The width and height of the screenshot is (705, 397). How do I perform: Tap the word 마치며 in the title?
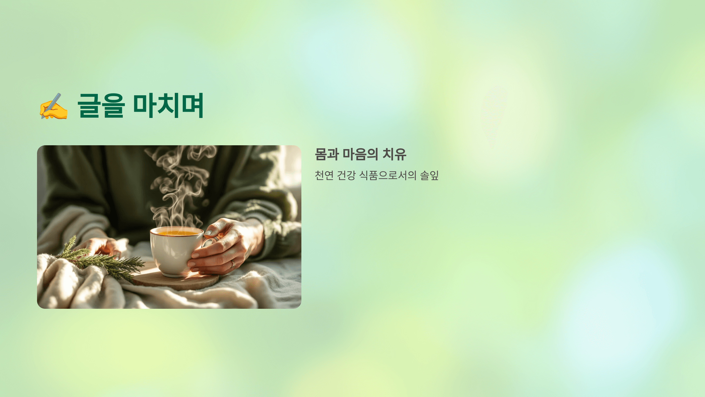click(x=168, y=105)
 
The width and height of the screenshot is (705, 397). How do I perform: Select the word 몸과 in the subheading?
click(x=327, y=154)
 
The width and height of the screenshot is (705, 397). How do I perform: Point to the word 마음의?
click(x=360, y=154)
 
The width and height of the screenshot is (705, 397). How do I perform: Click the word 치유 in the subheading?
click(x=394, y=154)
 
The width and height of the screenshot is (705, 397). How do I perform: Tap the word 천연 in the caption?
click(x=324, y=175)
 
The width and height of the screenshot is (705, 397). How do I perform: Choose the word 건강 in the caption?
click(x=346, y=175)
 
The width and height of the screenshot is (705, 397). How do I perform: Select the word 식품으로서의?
click(x=388, y=175)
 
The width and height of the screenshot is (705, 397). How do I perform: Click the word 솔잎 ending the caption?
click(x=429, y=175)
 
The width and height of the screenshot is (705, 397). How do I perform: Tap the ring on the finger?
click(x=233, y=263)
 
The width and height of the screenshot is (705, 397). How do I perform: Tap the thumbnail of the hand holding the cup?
click(x=208, y=233)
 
